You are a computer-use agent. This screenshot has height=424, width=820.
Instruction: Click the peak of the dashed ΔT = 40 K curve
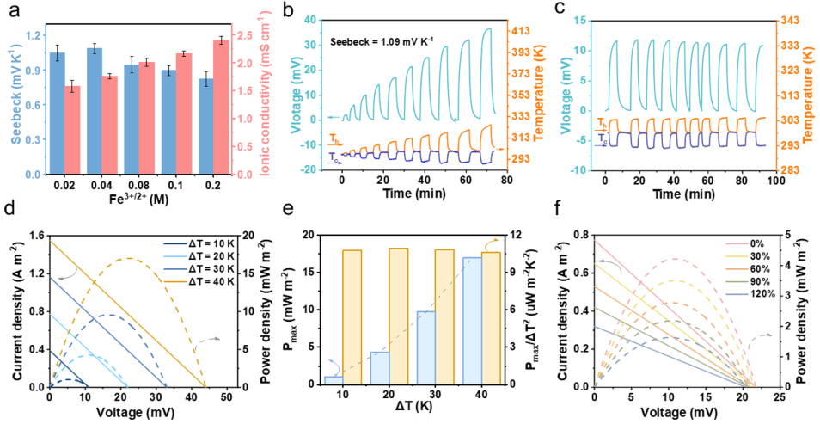129,258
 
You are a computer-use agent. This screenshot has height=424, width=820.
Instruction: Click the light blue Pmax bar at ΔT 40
473,319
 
